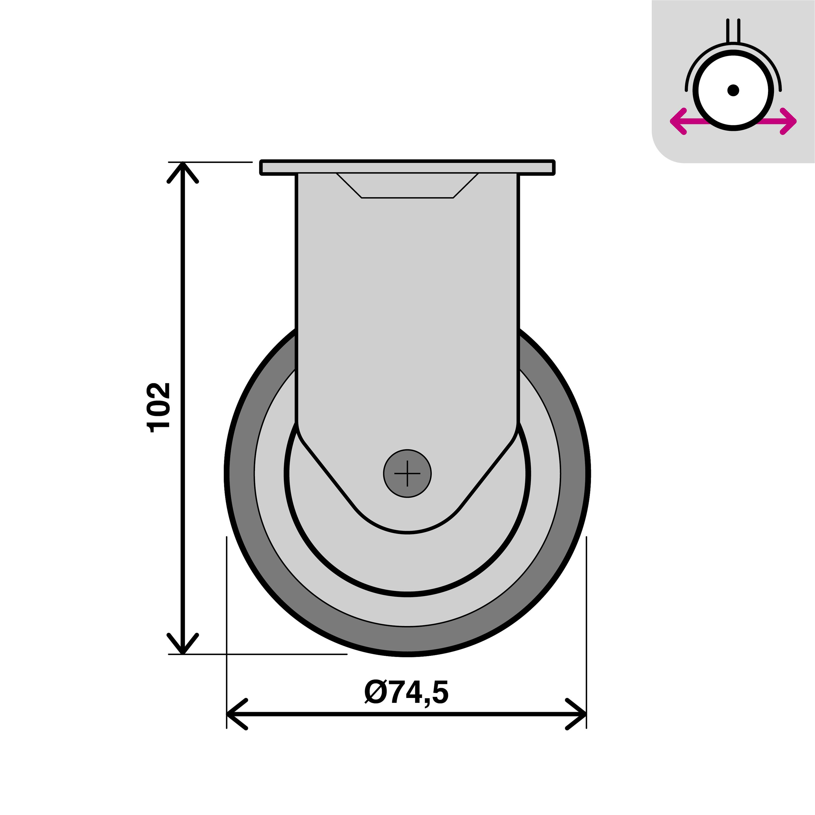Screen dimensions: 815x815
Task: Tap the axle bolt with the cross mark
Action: pos(407,473)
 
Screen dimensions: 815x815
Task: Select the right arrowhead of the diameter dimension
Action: pos(578,714)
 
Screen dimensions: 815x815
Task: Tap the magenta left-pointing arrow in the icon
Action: pos(679,121)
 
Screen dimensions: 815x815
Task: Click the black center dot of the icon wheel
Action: pos(733,90)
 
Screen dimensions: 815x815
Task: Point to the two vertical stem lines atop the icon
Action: pos(733,30)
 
